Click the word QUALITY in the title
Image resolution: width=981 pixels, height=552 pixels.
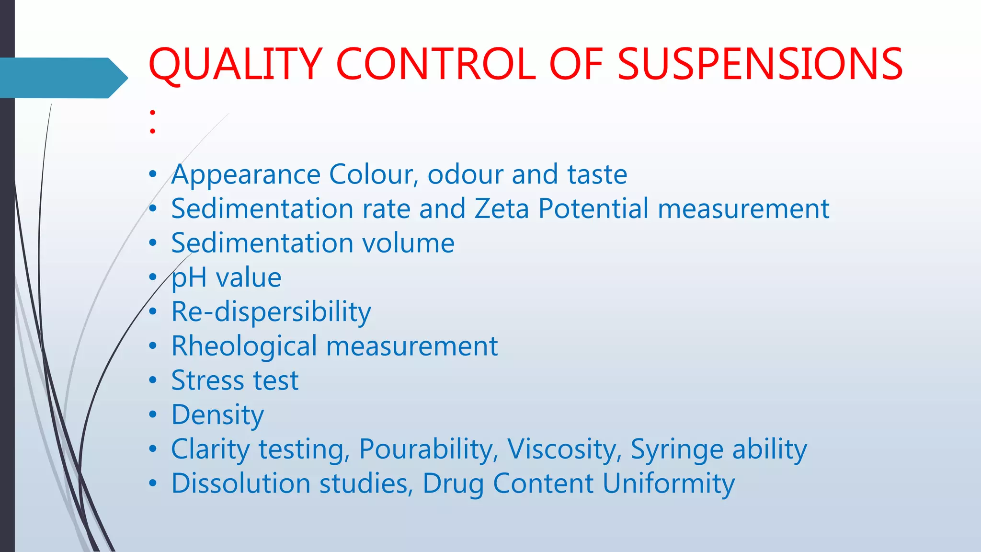(x=235, y=65)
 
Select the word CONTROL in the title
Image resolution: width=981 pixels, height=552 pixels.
(x=436, y=65)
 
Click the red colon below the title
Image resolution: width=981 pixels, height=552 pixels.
(x=152, y=122)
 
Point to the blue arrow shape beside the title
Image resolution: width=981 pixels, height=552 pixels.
(x=62, y=78)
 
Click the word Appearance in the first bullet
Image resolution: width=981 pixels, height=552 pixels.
(x=246, y=174)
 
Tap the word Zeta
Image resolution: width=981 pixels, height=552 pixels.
(x=502, y=209)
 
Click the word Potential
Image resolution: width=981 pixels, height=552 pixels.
(x=593, y=209)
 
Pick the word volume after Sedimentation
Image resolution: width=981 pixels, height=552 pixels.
(x=408, y=243)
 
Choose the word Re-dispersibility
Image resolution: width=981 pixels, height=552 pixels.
(x=271, y=312)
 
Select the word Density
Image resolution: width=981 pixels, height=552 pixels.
(x=217, y=415)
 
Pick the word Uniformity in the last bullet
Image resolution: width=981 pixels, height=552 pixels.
(x=668, y=483)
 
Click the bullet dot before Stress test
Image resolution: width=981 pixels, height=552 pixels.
(x=152, y=380)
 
